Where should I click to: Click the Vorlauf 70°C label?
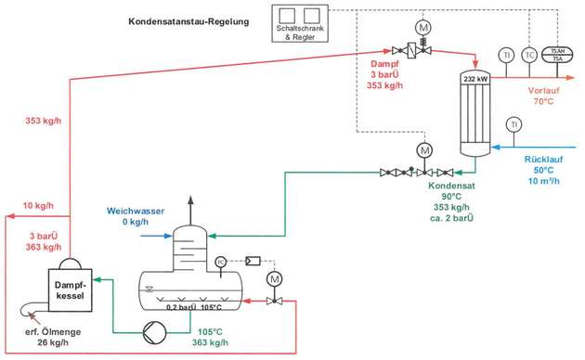pyautogui.click(x=543, y=96)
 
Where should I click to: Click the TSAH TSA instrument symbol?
pyautogui.click(x=557, y=55)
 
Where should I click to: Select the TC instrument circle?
pyautogui.click(x=530, y=55)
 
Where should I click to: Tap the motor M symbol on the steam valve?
pyautogui.click(x=422, y=29)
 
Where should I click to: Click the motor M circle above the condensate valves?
pyautogui.click(x=425, y=149)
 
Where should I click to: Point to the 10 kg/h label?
pyautogui.click(x=38, y=205)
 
